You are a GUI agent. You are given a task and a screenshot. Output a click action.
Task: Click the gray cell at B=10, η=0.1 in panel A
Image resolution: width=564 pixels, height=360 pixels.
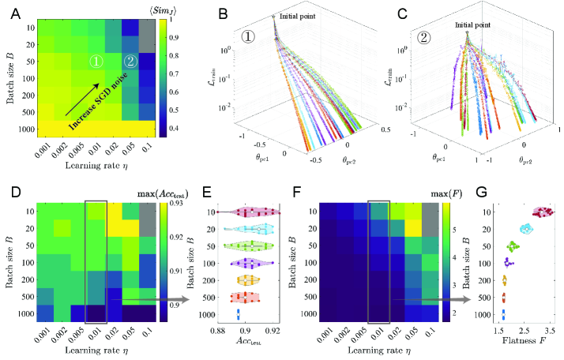coord(148,27)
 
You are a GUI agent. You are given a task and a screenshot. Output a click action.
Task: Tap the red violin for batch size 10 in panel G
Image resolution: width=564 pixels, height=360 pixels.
coord(543,212)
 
